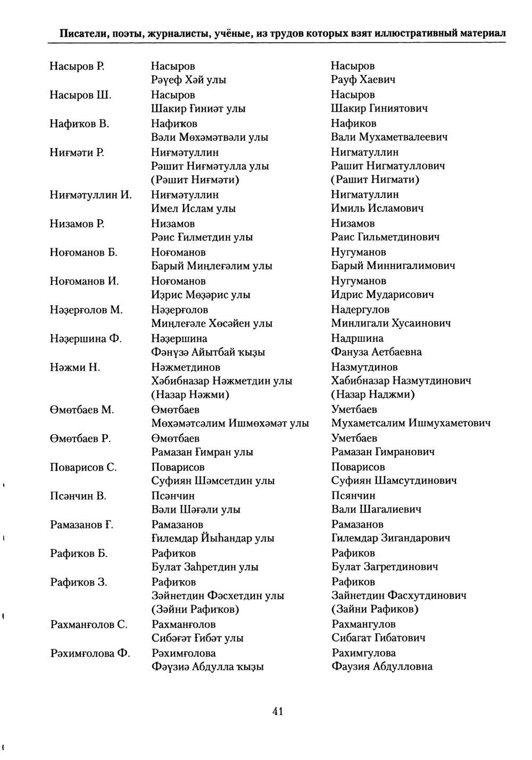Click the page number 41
(x=277, y=711)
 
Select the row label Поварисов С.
(x=83, y=467)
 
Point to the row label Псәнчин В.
(x=78, y=496)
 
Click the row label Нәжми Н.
(x=75, y=367)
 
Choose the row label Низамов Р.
(x=77, y=223)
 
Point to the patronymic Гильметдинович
(x=400, y=237)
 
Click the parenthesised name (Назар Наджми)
(x=373, y=395)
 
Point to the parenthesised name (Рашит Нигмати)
(x=375, y=180)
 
